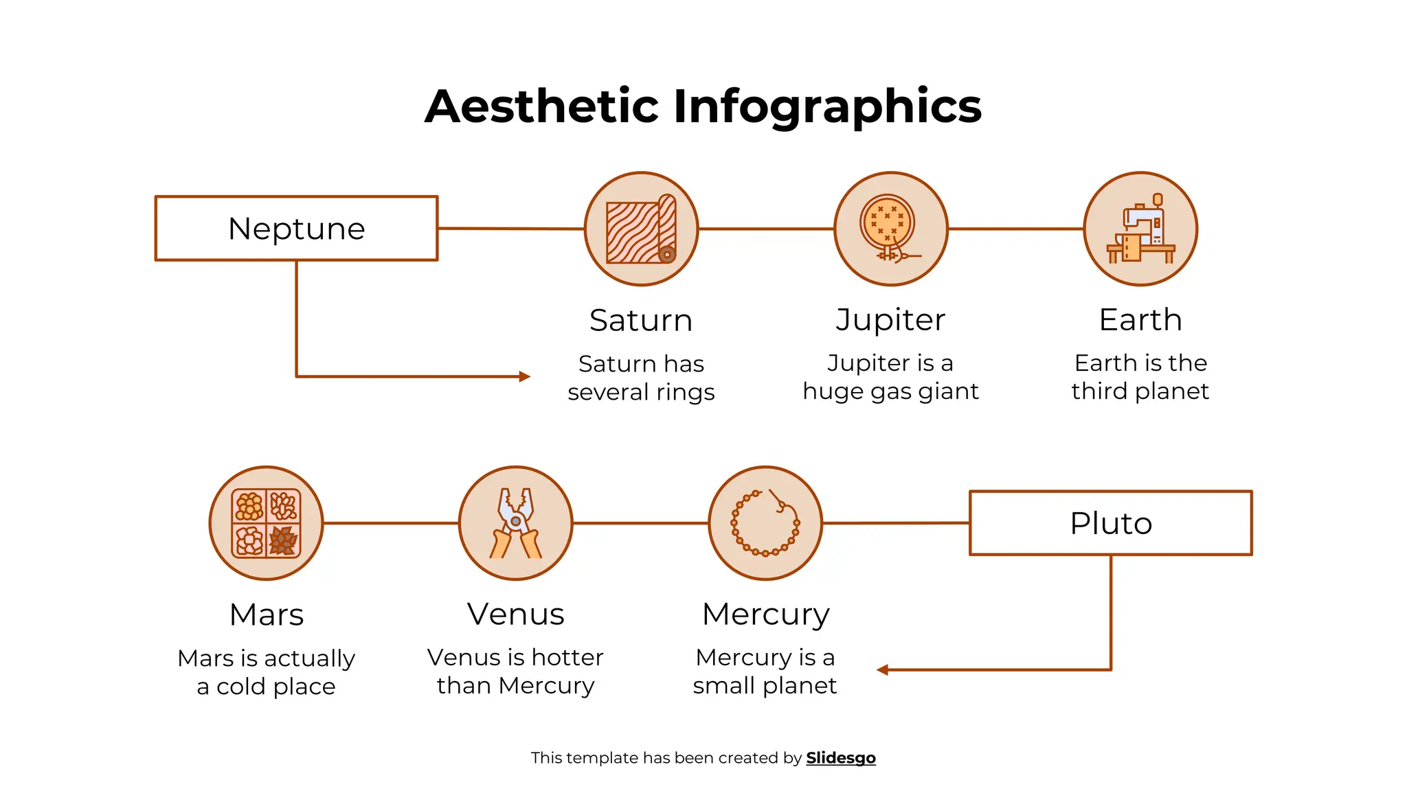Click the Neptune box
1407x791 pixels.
[x=296, y=229]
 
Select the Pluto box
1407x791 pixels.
[x=1110, y=523]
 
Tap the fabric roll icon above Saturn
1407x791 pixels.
[x=641, y=229]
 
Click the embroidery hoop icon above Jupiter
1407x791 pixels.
[x=890, y=229]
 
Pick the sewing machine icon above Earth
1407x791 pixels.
[x=1140, y=229]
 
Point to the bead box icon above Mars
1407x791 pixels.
[x=266, y=523]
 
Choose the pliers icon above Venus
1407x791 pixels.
[x=515, y=523]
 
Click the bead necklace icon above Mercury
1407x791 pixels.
[x=765, y=523]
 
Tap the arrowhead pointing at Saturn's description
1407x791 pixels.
[x=525, y=376]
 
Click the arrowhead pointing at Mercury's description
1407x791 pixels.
[x=883, y=670]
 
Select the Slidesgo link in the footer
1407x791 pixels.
[x=841, y=758]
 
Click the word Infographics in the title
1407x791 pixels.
[x=827, y=106]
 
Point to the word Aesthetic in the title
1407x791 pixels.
[x=542, y=106]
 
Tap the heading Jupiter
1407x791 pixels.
[x=890, y=320]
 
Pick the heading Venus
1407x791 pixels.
[x=515, y=614]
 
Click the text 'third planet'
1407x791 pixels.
[x=1140, y=391]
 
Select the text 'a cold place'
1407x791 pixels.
[x=266, y=687]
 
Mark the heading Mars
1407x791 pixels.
[x=266, y=615]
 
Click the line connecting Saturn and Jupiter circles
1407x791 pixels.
[x=766, y=229]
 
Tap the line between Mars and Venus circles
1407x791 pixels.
[x=390, y=523]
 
